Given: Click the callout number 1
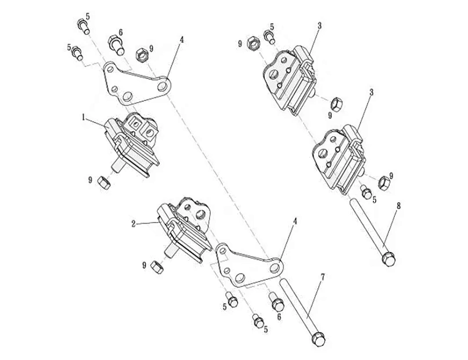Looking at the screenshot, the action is (84, 117).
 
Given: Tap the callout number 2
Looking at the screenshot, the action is (134, 224).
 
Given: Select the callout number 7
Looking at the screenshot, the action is (322, 277).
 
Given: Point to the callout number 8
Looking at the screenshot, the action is (398, 206).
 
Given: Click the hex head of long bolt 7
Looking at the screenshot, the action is (318, 340).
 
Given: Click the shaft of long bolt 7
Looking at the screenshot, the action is (297, 306).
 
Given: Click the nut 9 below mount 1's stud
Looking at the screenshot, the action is (104, 182).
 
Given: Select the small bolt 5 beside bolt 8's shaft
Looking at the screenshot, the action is (366, 192).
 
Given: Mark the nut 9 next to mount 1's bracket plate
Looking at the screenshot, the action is (142, 56).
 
